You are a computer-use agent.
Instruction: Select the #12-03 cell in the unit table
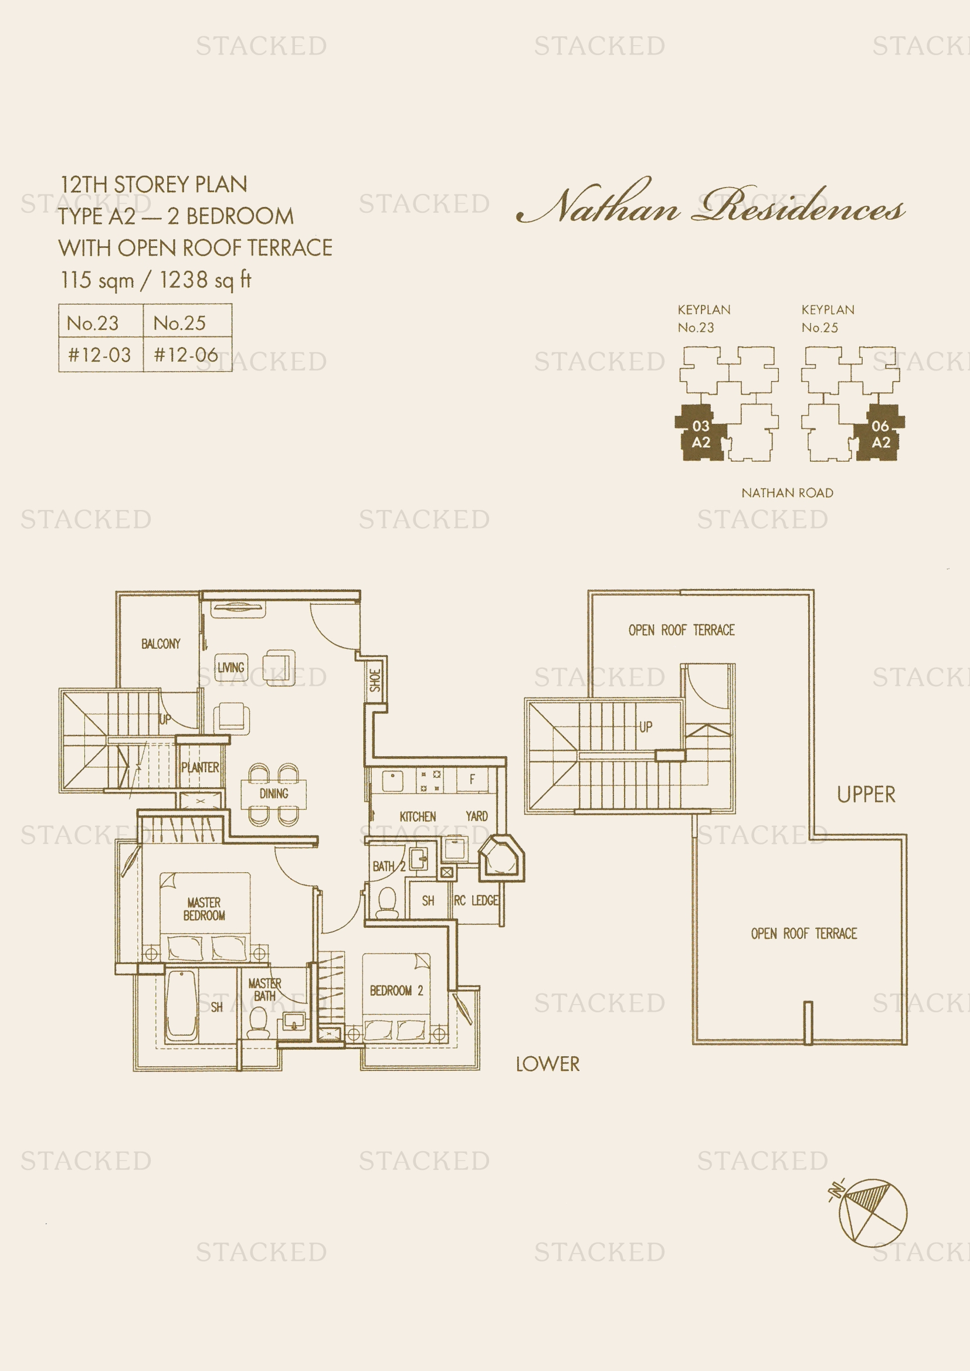100,355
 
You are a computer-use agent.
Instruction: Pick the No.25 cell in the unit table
188,322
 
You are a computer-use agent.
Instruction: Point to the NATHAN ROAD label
787,492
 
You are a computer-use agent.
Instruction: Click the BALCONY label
161,644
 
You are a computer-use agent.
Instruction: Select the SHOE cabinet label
375,680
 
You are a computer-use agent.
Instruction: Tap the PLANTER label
200,767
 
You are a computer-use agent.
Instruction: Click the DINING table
273,794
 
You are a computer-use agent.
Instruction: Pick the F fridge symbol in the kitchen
472,779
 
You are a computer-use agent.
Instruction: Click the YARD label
477,816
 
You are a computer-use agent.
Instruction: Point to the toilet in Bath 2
387,902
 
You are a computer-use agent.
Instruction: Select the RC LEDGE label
476,900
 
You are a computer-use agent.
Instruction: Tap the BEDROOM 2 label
396,991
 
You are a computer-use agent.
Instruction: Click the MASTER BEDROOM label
204,909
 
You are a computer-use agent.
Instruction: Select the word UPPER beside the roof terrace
866,794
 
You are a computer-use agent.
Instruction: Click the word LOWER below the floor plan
548,1063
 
